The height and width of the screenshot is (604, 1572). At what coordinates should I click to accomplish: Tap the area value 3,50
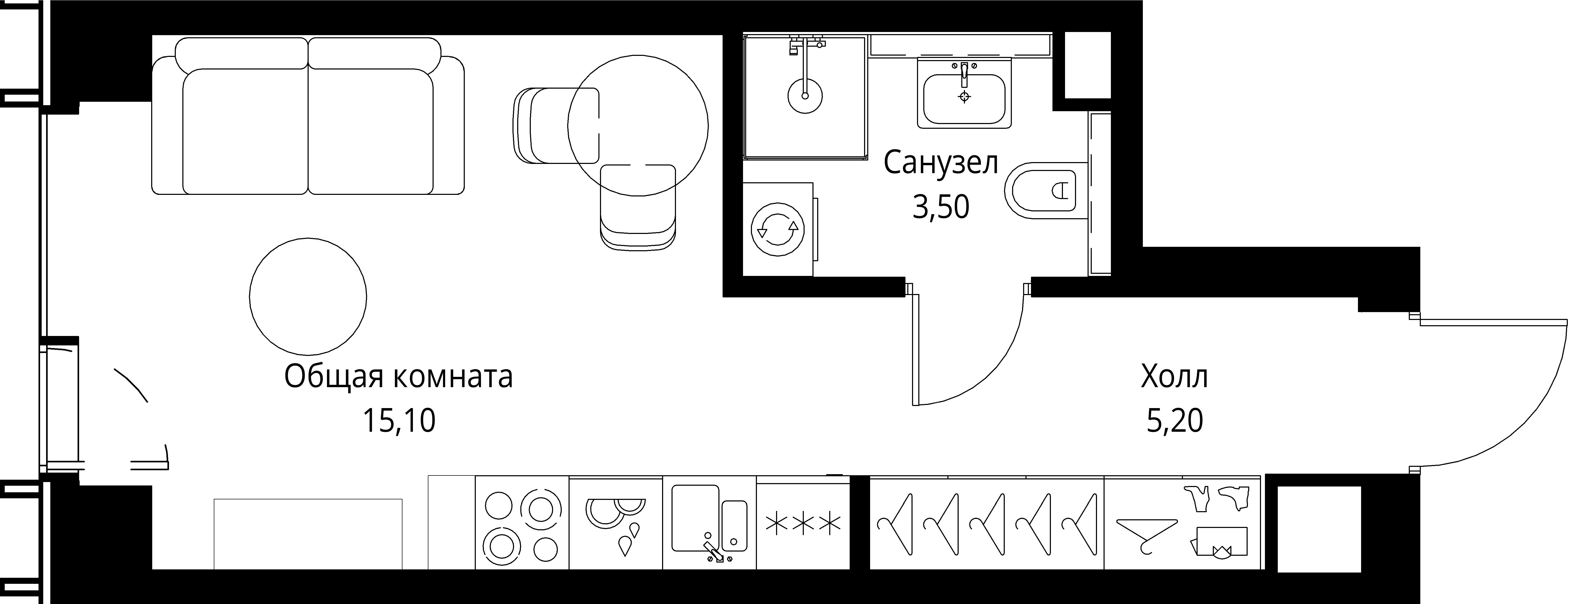[x=940, y=208]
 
